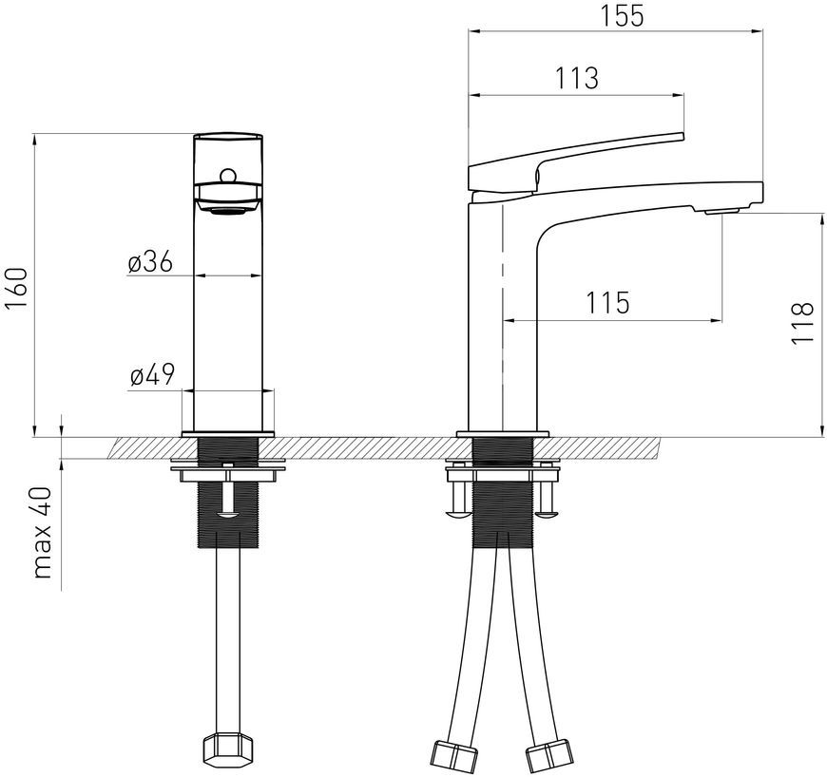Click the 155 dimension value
(623, 16)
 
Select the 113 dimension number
(577, 78)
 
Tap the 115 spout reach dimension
(607, 303)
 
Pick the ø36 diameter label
(150, 262)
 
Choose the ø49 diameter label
(152, 375)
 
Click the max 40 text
(43, 533)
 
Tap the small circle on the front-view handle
(228, 175)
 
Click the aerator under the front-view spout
(228, 212)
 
